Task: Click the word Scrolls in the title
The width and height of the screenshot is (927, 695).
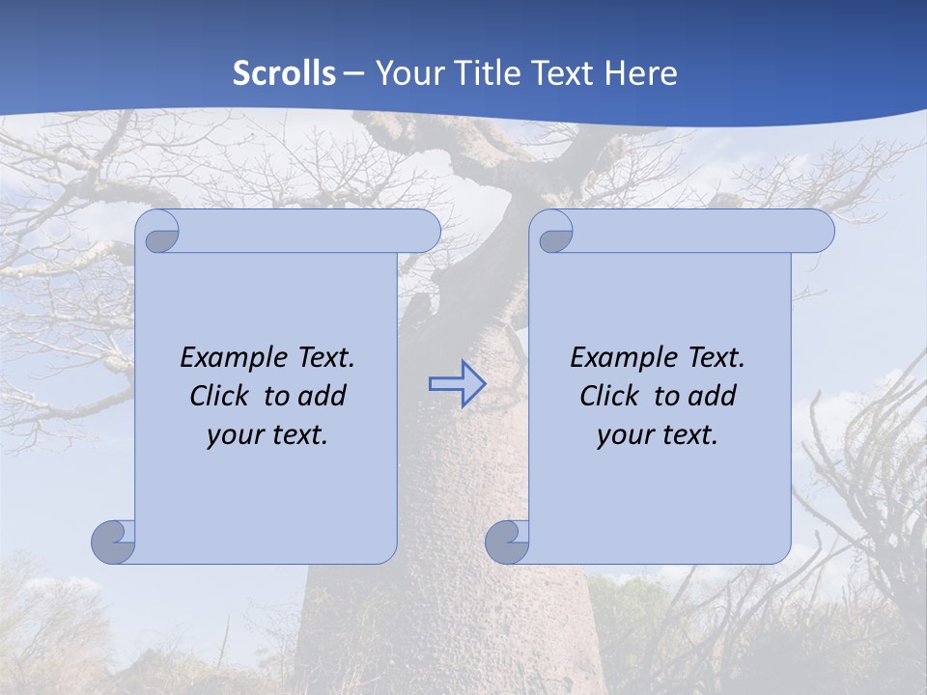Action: coord(285,73)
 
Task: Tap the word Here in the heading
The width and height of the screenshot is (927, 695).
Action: coord(640,73)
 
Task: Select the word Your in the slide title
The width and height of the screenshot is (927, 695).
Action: coord(407,73)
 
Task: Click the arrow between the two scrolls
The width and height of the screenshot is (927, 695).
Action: coord(456,384)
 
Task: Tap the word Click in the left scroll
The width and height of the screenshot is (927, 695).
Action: coord(225,396)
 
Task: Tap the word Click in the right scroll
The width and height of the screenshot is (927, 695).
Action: coord(615,396)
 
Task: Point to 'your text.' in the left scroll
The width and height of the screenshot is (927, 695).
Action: coord(267,434)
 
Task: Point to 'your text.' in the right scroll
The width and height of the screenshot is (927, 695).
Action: coord(658,434)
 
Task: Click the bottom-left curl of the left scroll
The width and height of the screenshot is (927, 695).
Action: coord(112,542)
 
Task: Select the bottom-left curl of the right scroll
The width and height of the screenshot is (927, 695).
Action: coord(506,542)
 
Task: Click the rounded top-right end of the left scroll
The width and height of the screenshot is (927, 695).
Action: coord(425,231)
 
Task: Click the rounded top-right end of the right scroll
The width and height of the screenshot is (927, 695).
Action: coord(819,231)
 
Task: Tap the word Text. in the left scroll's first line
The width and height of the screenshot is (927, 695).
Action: coord(326,357)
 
